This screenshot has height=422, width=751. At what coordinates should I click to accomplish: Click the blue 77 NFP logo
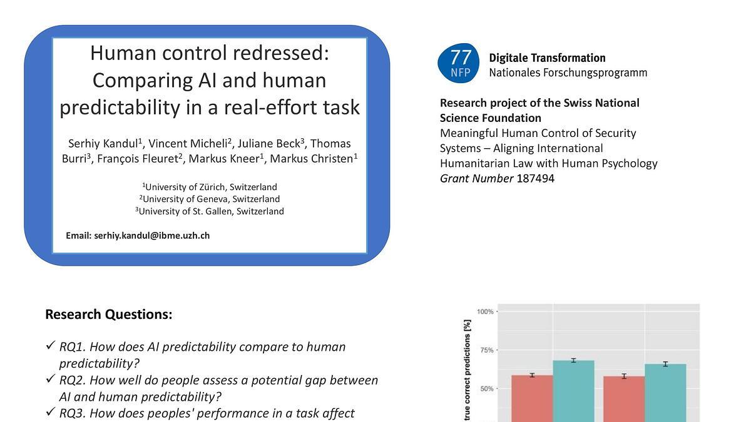point(458,63)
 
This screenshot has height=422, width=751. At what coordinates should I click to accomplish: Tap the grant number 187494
point(536,179)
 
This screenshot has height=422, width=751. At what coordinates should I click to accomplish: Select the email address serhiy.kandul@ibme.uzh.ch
point(152,236)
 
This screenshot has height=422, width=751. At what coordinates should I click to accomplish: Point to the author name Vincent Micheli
point(188,143)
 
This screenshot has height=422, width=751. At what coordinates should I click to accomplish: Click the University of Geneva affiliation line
point(210,199)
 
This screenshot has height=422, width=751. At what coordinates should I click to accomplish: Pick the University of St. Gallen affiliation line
point(210,211)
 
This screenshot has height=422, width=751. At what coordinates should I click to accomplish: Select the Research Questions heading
point(109,314)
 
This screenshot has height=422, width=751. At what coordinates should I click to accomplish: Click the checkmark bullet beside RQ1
point(50,345)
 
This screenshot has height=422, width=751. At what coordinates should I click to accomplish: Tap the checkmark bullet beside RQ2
point(50,379)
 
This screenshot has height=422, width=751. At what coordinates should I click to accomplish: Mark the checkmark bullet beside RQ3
point(50,411)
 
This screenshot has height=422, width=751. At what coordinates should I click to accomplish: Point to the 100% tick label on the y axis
point(485,312)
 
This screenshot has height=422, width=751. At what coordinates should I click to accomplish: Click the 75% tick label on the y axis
point(487,350)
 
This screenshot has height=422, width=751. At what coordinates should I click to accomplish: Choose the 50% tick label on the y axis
point(487,389)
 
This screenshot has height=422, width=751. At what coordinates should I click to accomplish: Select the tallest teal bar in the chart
point(574,391)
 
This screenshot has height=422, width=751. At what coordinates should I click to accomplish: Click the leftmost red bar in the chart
point(532,399)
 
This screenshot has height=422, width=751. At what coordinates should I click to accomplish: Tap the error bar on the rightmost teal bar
point(665,364)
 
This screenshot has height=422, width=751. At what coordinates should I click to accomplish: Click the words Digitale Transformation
point(547,58)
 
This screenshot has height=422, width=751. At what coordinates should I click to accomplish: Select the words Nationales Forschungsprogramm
point(568,73)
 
